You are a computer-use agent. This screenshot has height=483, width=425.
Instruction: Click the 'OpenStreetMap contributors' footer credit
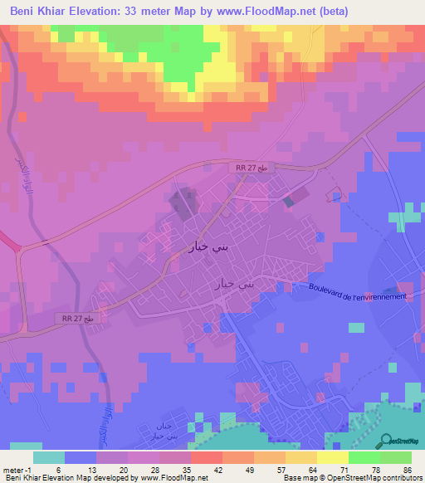tap(369, 478)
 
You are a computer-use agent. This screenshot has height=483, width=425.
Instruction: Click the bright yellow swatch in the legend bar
tap(332, 456)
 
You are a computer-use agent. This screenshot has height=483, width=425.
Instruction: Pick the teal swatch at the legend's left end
tap(48, 456)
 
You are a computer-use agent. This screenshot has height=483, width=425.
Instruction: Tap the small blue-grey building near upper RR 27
tap(288, 201)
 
